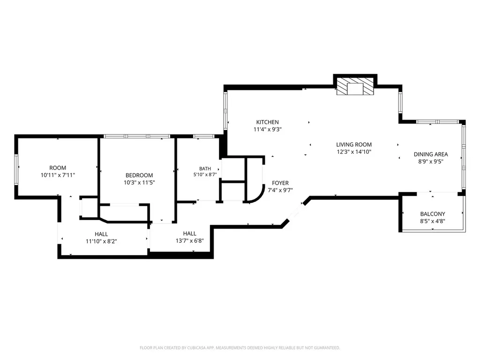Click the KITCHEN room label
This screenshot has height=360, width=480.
point(267,122)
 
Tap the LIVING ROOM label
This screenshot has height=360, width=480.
point(354,144)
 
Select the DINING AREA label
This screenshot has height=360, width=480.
point(431,154)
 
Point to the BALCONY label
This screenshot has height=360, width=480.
point(433,214)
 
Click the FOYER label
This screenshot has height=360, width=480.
point(280,183)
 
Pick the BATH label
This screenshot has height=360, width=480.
point(205,169)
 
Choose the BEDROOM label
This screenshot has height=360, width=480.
point(139,175)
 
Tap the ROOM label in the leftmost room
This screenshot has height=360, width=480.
point(58,168)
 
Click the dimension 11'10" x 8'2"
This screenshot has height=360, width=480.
point(101,241)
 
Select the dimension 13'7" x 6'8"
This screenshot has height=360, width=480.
point(190,240)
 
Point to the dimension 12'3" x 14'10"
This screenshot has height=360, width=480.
point(354,152)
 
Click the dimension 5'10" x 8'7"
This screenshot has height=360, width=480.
point(205,175)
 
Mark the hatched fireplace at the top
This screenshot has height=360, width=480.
point(355,86)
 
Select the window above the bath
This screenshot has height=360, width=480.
point(203,136)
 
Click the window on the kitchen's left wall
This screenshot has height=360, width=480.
point(225,111)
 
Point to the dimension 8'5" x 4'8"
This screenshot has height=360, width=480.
point(433,221)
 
